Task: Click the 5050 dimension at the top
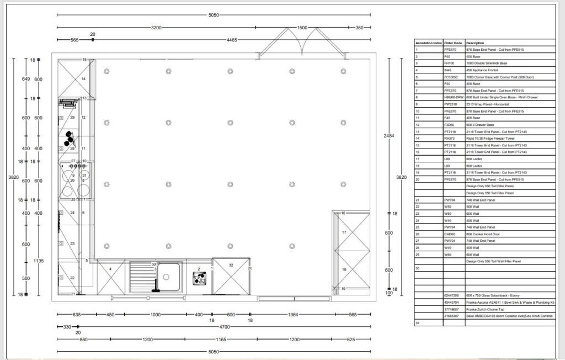coord(214,15)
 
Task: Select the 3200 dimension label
coord(156,27)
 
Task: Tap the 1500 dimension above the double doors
coord(302,27)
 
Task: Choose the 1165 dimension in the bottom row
coord(221,340)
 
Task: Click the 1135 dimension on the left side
coord(38,261)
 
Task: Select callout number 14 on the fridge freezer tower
coord(83,79)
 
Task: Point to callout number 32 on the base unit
coord(231,266)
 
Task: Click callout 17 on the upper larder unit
coord(344,232)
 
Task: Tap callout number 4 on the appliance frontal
coord(111,269)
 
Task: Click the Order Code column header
coord(453,43)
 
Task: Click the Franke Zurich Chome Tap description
coord(486,309)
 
